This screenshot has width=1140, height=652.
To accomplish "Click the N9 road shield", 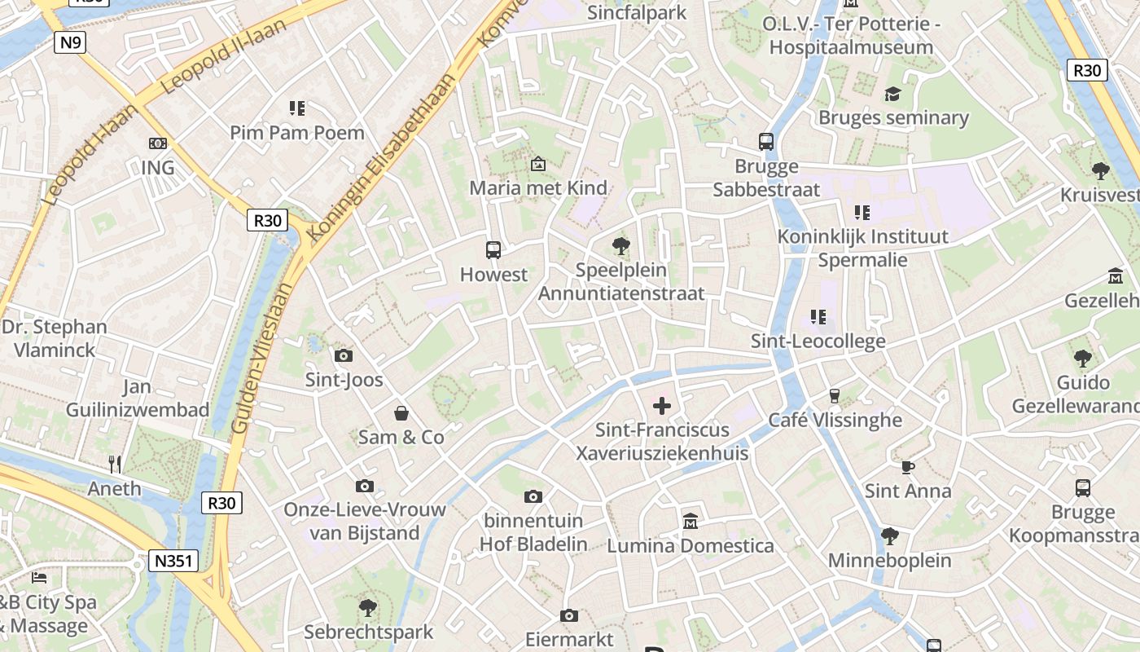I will [70, 42].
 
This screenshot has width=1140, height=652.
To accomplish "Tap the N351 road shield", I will [174, 561].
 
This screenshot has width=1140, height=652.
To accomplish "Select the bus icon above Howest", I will [493, 250].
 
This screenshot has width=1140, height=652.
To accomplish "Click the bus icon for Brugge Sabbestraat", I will [766, 142].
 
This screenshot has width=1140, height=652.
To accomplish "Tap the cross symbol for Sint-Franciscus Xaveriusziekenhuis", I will [662, 405].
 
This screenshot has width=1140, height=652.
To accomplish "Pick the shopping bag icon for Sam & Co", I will [401, 413].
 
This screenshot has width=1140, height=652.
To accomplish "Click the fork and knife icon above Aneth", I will [115, 465].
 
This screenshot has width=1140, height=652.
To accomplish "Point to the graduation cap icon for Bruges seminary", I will [893, 94].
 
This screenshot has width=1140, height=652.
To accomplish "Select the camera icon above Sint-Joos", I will [344, 355].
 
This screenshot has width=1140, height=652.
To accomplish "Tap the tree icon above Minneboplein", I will [889, 536].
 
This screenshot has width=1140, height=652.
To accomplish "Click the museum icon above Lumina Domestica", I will [691, 520].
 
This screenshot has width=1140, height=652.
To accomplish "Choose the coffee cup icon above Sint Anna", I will [908, 467].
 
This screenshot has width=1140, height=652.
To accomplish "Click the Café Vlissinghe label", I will [835, 420].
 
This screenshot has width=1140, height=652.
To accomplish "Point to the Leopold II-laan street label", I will [225, 55].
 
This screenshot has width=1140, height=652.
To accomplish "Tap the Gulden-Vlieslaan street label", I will [261, 359].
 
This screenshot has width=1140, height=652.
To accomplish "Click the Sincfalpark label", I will [637, 12].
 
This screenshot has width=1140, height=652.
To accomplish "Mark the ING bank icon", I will [158, 143].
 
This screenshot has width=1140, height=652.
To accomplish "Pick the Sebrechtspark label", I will [368, 632].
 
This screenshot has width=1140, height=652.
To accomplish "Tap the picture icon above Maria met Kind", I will [537, 164].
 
